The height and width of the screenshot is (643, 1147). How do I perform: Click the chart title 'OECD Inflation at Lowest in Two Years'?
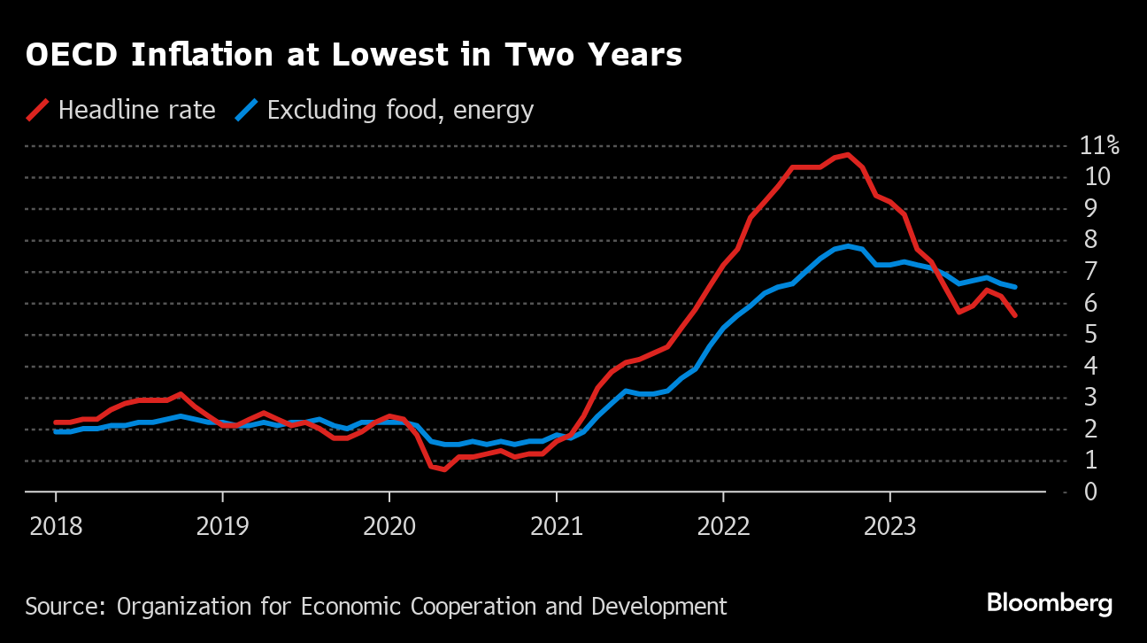click(354, 55)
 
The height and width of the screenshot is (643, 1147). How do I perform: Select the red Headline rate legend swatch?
click(38, 110)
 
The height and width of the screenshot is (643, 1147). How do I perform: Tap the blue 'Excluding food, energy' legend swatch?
click(247, 110)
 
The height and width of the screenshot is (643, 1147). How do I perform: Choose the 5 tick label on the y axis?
click(1091, 335)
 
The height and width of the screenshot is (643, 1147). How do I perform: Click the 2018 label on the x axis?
click(56, 527)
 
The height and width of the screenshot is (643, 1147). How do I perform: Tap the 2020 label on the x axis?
click(389, 527)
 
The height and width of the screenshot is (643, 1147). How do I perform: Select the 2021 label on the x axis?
click(556, 527)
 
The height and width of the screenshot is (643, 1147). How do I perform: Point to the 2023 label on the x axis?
click(889, 527)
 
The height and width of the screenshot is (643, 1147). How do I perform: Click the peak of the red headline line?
click(848, 155)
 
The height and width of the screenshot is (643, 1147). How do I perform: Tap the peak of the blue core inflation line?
click(848, 246)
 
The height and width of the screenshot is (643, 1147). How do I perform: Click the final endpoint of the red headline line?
click(1014, 315)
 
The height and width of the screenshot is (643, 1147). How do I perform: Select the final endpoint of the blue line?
click(1014, 287)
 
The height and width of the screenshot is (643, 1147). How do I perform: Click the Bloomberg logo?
click(1050, 604)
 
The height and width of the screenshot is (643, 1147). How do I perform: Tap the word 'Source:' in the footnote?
click(65, 607)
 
